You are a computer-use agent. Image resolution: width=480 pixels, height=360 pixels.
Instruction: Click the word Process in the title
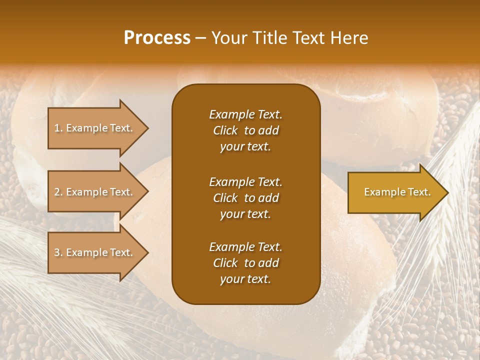pyautogui.click(x=157, y=38)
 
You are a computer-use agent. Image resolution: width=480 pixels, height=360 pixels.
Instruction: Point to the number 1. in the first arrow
pyautogui.click(x=58, y=128)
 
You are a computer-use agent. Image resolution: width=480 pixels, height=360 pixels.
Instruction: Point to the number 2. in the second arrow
pyautogui.click(x=58, y=192)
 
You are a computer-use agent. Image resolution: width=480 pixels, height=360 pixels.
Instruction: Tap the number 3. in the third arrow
pyautogui.click(x=58, y=252)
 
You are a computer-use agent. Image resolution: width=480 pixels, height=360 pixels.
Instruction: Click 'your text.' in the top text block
pyautogui.click(x=245, y=147)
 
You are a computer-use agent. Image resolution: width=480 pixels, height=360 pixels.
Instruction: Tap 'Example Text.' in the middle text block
pyautogui.click(x=245, y=181)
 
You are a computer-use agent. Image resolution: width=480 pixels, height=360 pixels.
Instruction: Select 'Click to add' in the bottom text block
pyautogui.click(x=245, y=263)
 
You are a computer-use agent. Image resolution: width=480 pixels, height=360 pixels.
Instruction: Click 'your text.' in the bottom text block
pyautogui.click(x=245, y=279)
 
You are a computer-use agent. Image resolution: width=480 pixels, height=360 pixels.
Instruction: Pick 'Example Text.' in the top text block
pyautogui.click(x=245, y=114)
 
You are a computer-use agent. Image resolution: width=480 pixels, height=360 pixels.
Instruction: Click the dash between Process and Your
pyautogui.click(x=201, y=38)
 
